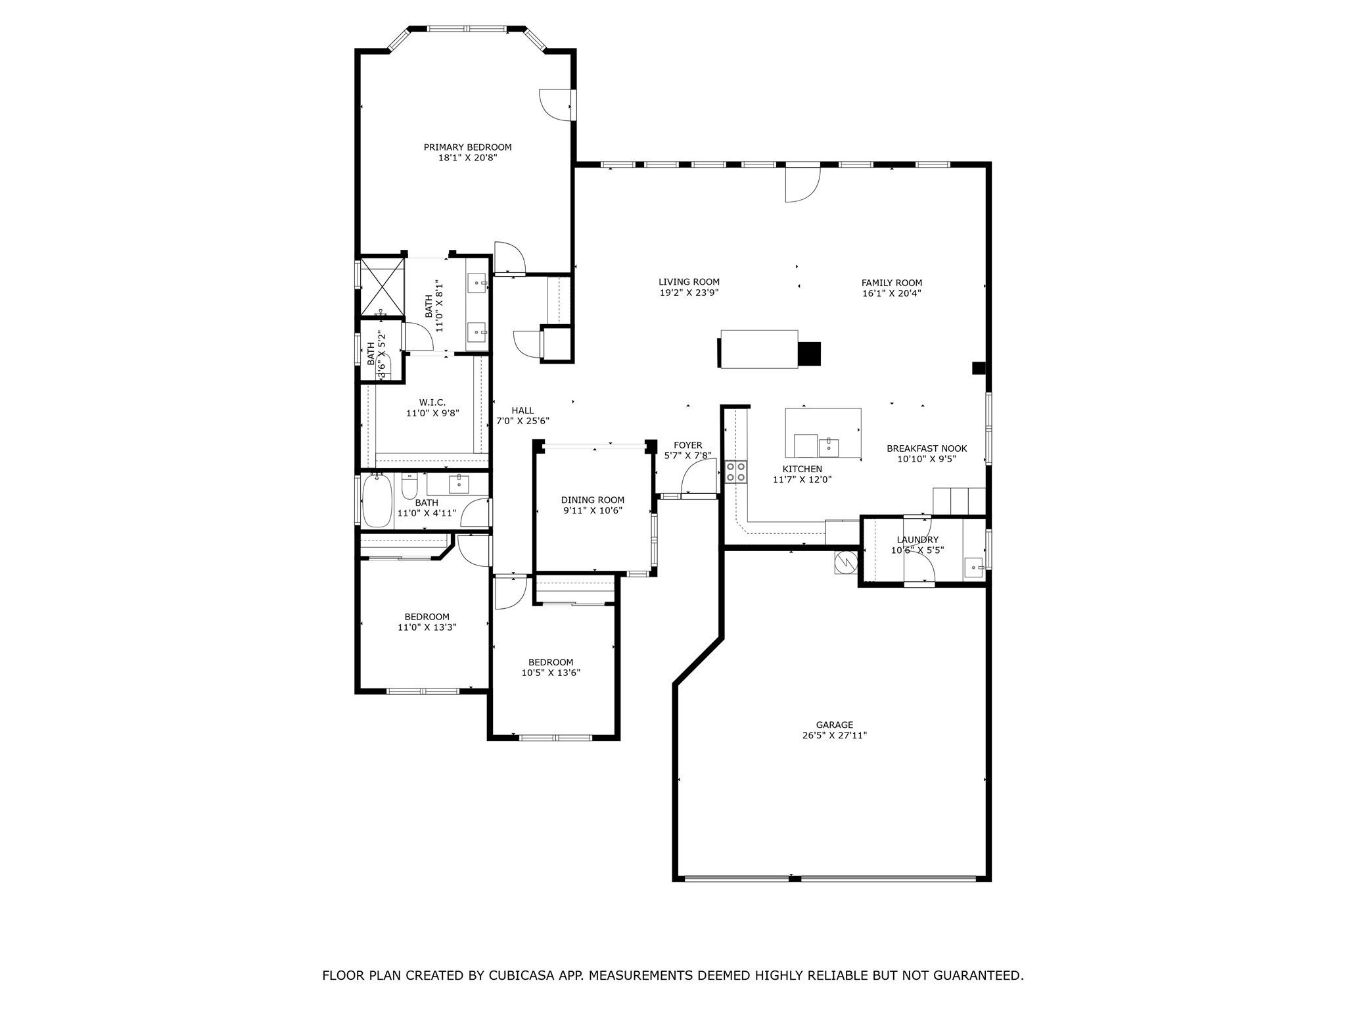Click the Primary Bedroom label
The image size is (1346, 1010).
coord(467,147)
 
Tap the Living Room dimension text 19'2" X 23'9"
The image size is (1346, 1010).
coord(689,293)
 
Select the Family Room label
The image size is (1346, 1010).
coord(892,283)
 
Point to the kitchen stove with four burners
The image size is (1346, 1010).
coord(735,471)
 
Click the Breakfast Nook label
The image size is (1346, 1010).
coord(927,448)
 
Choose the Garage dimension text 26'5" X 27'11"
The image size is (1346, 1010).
coord(835,736)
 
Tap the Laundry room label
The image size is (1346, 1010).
coord(917,540)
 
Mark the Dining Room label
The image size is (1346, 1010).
coord(593,500)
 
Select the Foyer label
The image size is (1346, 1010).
coord(687,445)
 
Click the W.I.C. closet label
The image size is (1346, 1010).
coord(432,402)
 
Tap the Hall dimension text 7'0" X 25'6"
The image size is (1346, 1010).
coord(522,421)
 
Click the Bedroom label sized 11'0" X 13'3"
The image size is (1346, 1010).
coord(427,617)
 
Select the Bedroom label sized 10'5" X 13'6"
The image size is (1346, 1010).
coord(551,662)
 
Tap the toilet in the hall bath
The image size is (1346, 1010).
coord(409,486)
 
